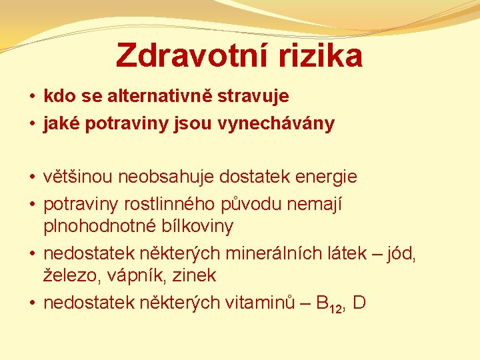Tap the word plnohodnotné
click(101, 227)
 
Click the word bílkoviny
click(198, 227)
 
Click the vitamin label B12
click(329, 304)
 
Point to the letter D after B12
click(359, 303)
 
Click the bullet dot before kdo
click(33, 97)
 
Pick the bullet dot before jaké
click(33, 125)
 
